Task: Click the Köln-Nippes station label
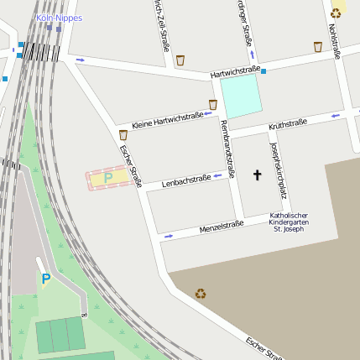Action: pos(59,18)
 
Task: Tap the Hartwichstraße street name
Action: pos(237,71)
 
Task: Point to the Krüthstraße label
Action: pos(287,125)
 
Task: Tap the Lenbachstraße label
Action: pos(185,180)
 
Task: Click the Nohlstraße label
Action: pos(335,41)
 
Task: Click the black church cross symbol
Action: pos(257,175)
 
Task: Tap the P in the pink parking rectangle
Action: pos(108,178)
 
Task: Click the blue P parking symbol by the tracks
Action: pos(46,279)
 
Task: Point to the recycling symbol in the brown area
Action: pos(201,294)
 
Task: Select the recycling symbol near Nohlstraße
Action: pos(337,13)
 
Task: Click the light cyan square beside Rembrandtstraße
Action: pos(242,96)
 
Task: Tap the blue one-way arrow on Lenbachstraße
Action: pos(217,175)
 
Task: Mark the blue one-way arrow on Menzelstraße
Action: pos(169,237)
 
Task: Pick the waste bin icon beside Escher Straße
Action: pos(123,134)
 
